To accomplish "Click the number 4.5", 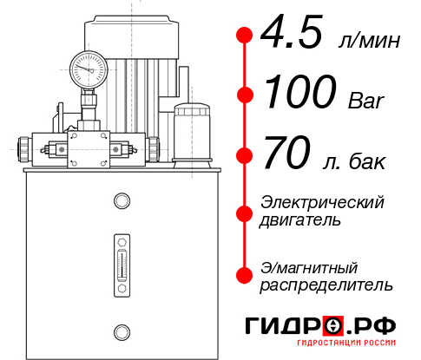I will [292, 35].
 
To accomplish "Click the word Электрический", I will [321, 203].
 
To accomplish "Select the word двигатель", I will [300, 220].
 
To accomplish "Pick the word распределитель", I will [326, 285].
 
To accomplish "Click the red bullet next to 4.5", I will [245, 35].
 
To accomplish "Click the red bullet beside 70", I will [245, 156].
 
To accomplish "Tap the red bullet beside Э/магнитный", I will [245, 274].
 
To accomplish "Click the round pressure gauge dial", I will [89, 67].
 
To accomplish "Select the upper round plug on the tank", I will [121, 202].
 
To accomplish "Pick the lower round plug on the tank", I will [121, 331].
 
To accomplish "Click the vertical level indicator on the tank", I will [121, 260].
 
